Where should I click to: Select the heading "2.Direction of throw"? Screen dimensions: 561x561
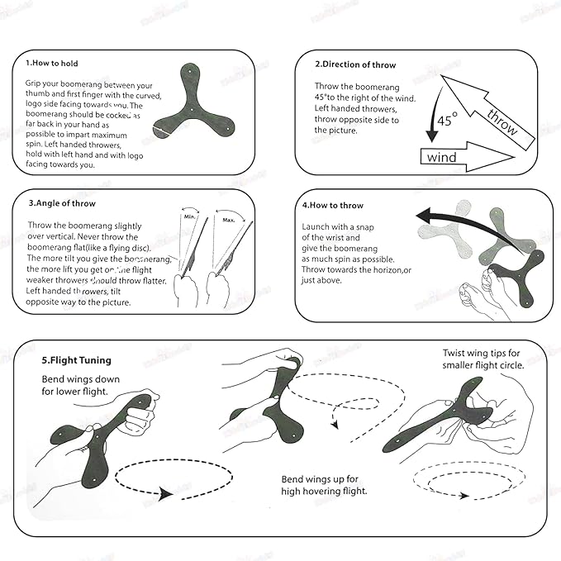[x=355, y=64]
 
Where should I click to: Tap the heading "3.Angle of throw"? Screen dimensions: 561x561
[x=62, y=203]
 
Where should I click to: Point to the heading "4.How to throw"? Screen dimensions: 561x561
[x=332, y=204]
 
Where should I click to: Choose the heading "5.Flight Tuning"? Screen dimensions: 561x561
[x=76, y=361]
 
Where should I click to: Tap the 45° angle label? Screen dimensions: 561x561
[x=447, y=121]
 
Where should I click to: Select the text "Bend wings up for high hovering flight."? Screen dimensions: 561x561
[x=324, y=485]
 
